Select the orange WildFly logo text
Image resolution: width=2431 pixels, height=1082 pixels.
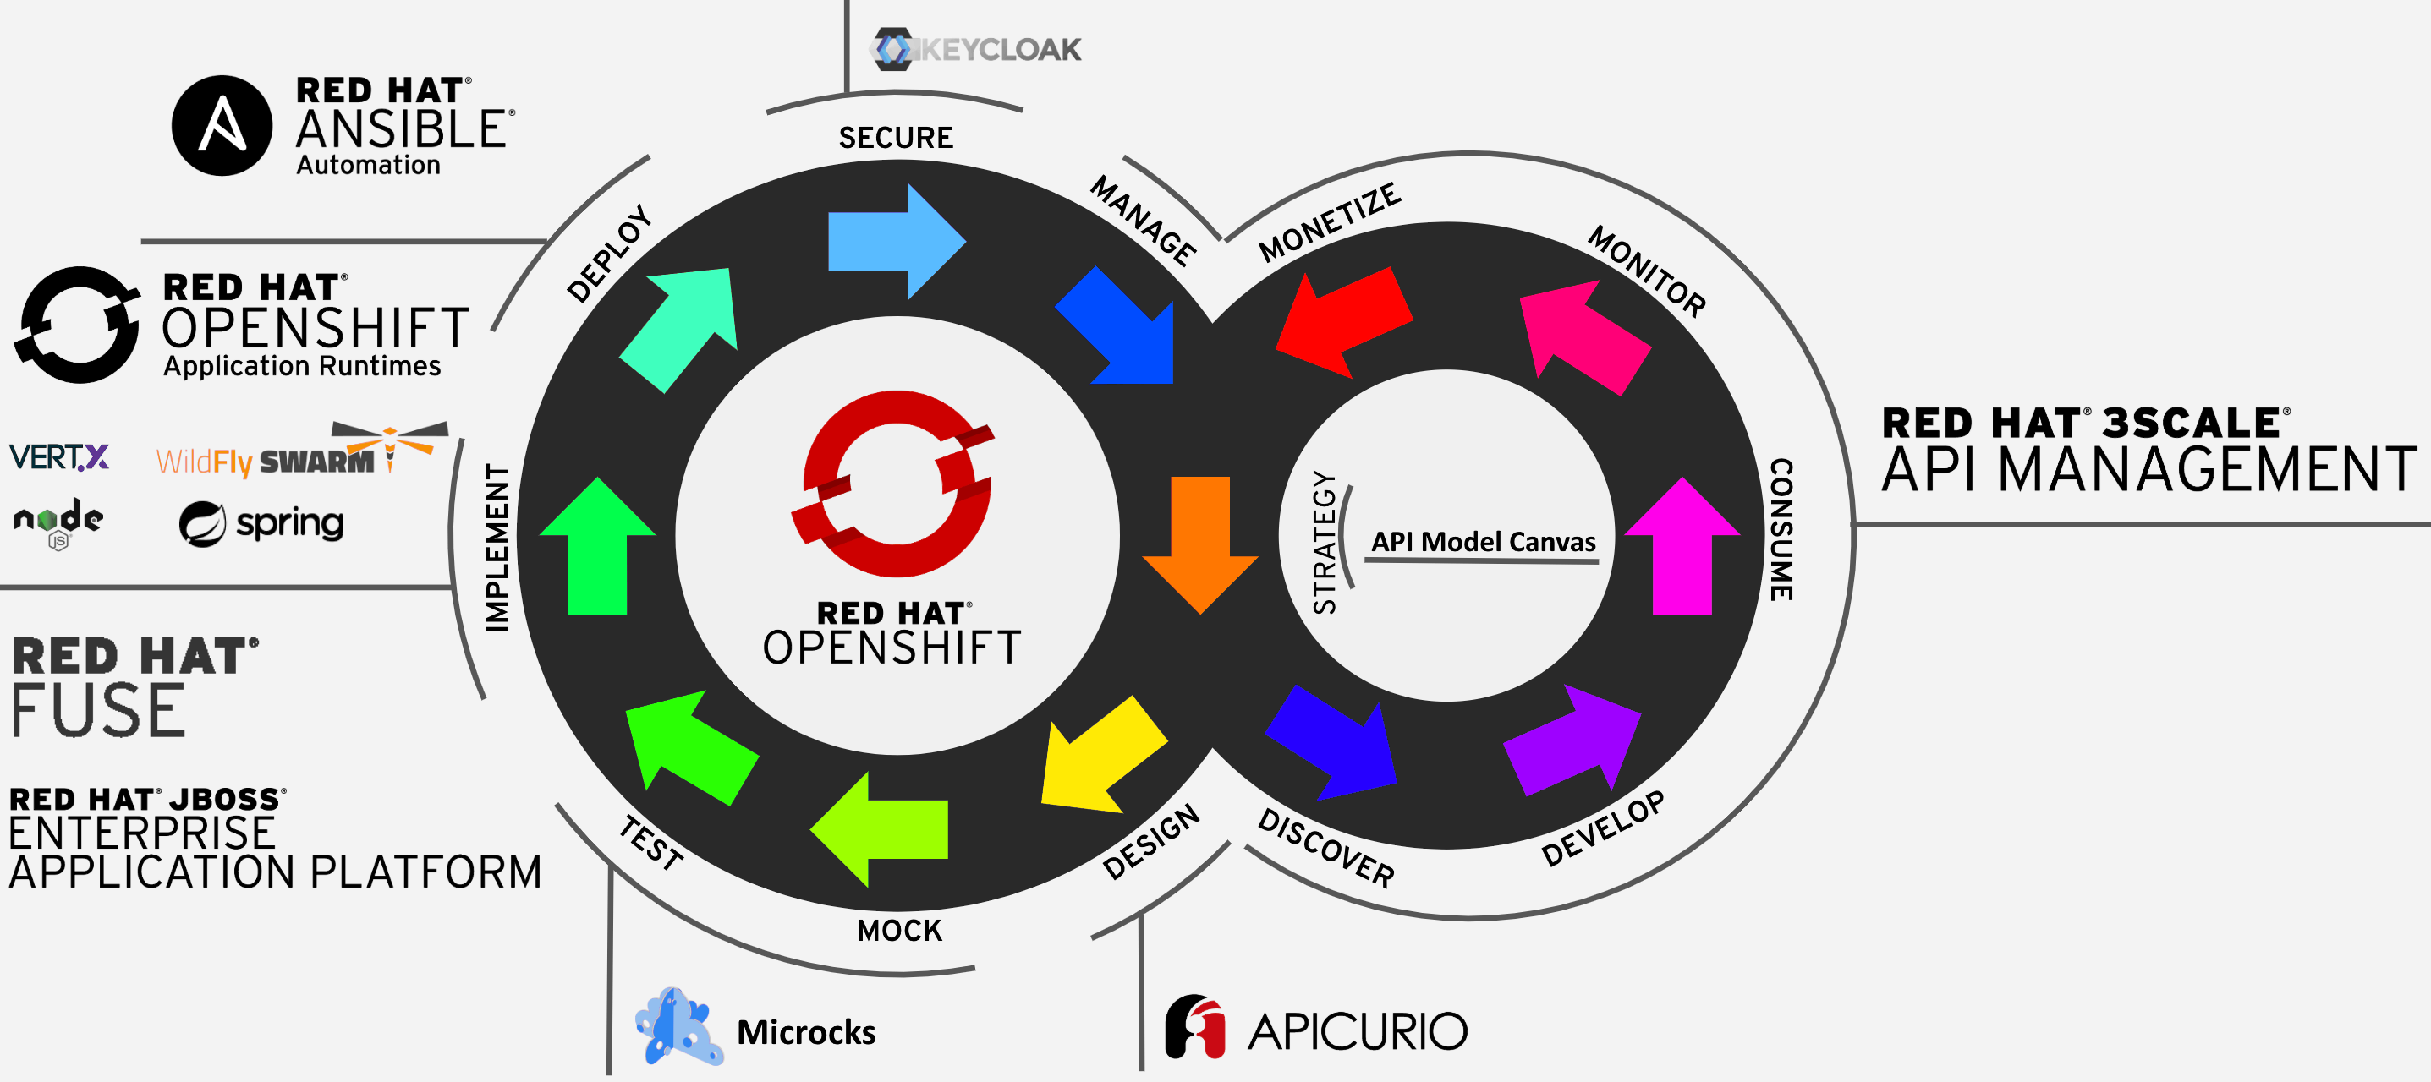tap(204, 462)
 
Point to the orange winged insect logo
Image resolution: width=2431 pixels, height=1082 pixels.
tap(390, 447)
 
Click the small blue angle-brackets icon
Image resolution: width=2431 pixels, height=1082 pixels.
tap(894, 49)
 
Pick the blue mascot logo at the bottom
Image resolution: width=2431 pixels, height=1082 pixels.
tap(677, 1026)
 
